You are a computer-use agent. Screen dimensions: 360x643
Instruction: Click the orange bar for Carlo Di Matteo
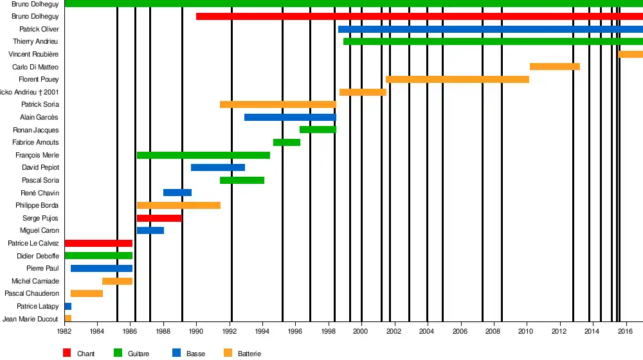(554, 67)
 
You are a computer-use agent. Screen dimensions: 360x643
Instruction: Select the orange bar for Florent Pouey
(457, 80)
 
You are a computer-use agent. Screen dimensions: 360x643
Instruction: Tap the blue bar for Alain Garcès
(290, 118)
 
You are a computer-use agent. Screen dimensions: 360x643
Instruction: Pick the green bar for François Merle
(203, 155)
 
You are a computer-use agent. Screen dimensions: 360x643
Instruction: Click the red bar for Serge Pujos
(159, 218)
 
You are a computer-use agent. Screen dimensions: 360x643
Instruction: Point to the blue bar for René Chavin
(177, 193)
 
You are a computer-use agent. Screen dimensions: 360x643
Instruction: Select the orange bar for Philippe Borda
(178, 206)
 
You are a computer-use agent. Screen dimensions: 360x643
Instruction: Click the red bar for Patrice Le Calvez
(98, 243)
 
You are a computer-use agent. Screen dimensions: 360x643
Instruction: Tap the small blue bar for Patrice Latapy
(68, 306)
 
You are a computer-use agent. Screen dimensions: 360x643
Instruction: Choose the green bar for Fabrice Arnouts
(286, 143)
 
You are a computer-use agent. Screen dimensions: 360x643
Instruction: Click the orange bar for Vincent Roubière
(630, 55)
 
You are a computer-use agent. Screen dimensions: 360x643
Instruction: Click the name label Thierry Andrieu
(36, 42)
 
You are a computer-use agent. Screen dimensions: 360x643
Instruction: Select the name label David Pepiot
(41, 168)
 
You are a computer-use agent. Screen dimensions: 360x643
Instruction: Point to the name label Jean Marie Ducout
(31, 319)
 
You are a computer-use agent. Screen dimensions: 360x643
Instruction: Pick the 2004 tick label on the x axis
(427, 332)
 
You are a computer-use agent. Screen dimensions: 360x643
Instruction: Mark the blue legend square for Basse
(176, 352)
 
